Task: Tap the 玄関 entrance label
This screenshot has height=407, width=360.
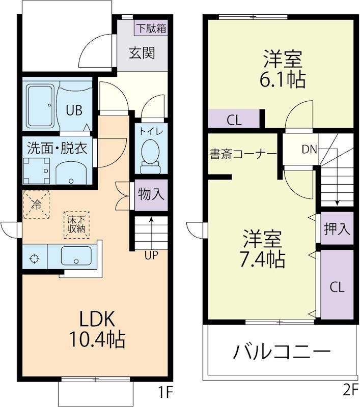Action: (142, 53)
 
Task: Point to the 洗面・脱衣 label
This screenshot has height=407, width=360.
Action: (57, 149)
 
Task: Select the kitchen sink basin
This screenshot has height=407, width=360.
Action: (76, 255)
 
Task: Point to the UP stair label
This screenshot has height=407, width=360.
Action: (151, 256)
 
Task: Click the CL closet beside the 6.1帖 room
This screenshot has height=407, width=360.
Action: (234, 121)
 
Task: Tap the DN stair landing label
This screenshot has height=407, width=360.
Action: (309, 150)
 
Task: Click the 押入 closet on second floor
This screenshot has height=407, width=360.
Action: (337, 228)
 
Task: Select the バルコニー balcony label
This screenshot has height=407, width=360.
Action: (283, 352)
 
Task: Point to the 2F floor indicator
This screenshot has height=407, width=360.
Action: (349, 391)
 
